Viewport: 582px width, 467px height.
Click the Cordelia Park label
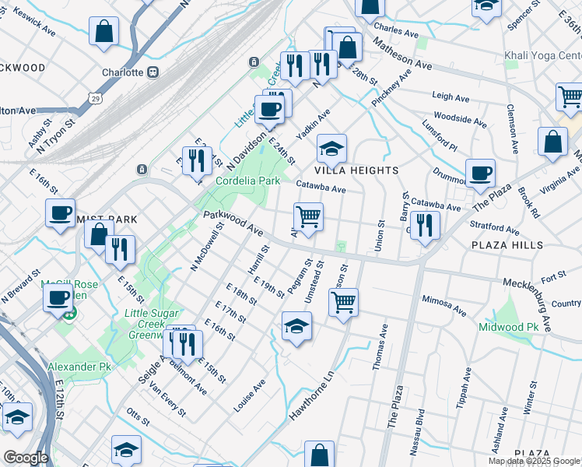(247, 181)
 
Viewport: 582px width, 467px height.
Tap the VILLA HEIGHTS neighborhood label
(356, 170)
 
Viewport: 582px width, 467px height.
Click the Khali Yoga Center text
(543, 56)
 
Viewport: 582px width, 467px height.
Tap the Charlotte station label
(123, 72)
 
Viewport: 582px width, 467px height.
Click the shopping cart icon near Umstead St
(343, 301)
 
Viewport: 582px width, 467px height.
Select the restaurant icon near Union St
(425, 225)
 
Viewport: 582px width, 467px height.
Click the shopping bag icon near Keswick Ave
(103, 32)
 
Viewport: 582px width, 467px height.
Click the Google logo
(26, 458)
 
